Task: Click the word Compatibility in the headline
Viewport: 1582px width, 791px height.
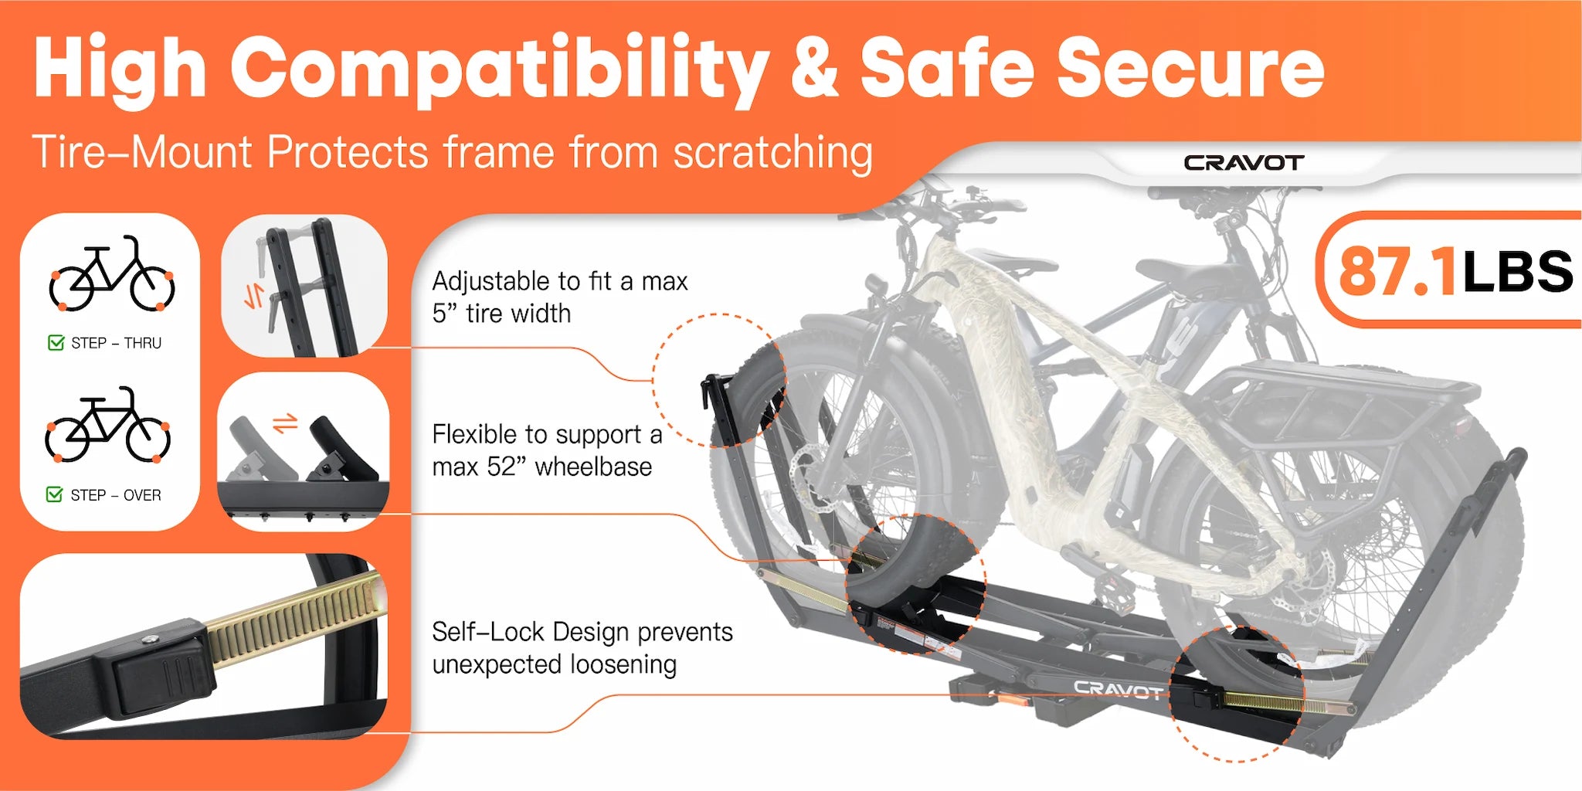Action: tap(498, 71)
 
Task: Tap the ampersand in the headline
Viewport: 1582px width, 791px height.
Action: tap(814, 66)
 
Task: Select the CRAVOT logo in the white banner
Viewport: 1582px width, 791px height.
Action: tap(1244, 163)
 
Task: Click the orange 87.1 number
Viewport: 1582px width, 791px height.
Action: tap(1397, 271)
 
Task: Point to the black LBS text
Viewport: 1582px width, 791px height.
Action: tap(1517, 271)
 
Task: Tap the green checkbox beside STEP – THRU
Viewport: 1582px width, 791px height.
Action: tap(56, 342)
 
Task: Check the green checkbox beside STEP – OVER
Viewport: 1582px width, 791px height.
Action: tap(55, 494)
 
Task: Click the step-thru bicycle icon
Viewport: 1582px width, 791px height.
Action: tap(112, 274)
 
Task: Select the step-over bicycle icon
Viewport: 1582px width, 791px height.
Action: tap(108, 425)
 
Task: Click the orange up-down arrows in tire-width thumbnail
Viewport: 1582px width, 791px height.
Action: tap(254, 296)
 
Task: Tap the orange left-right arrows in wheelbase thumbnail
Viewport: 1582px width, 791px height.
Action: tap(285, 423)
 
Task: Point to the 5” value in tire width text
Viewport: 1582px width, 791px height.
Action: tap(446, 313)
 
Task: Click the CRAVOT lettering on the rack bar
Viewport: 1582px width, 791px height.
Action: tap(1118, 689)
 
